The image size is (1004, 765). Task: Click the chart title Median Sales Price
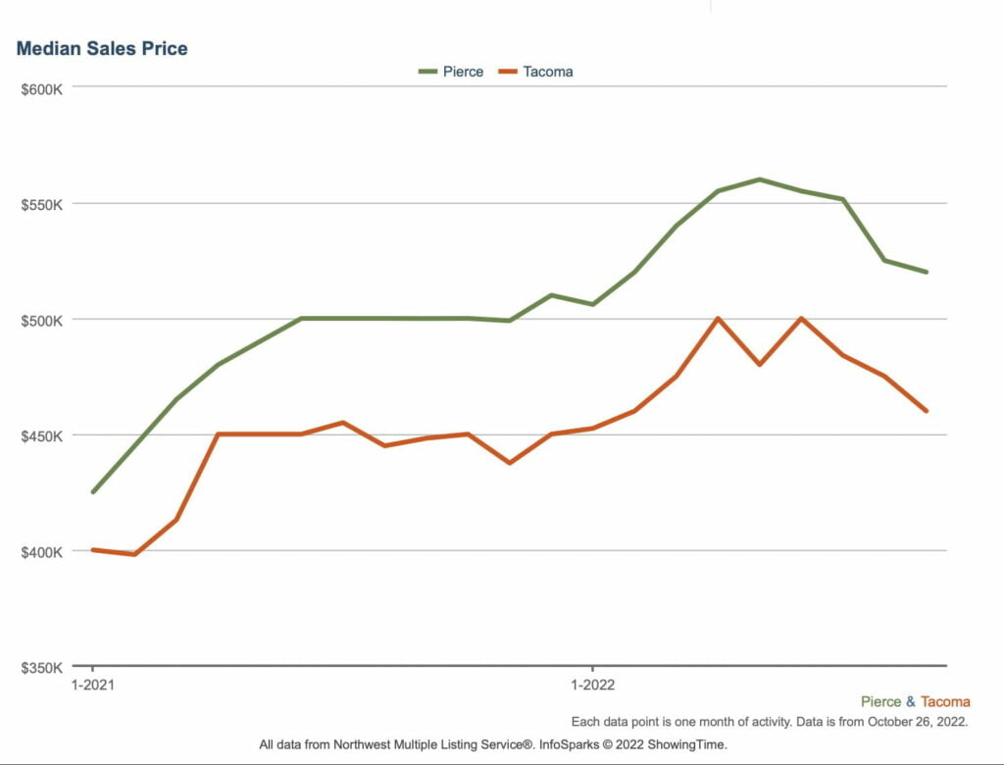(101, 48)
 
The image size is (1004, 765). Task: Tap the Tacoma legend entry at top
(547, 72)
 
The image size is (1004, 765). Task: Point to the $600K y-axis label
(42, 88)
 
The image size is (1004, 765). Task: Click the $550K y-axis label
(42, 204)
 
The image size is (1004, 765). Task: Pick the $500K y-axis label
(42, 320)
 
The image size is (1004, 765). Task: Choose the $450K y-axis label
(42, 435)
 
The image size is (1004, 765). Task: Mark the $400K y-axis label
(42, 551)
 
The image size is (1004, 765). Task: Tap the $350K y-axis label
(42, 667)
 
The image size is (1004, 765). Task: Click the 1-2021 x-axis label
(93, 685)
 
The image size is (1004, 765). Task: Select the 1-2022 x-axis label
(592, 685)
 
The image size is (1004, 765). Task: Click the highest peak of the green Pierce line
(759, 179)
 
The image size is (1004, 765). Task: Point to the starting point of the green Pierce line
(93, 491)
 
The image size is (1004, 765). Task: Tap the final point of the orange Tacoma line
(926, 411)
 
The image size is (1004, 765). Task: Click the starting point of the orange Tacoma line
(93, 550)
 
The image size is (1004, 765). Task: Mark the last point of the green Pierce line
(926, 272)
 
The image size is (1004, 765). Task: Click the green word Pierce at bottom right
(880, 701)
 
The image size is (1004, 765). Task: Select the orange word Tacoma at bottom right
(945, 701)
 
